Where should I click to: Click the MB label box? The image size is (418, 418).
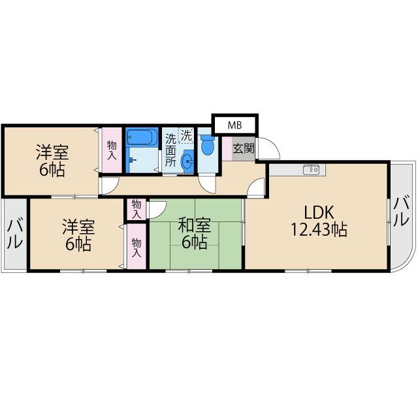point(234,124)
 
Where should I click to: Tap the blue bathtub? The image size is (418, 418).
point(142,138)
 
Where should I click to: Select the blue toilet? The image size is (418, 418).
point(208,146)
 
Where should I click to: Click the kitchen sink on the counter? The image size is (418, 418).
point(311,170)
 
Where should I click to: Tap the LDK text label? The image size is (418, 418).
point(319,212)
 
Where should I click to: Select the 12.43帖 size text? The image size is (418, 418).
point(319,230)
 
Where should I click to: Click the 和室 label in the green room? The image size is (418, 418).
point(194,227)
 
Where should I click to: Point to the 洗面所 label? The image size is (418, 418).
point(170,150)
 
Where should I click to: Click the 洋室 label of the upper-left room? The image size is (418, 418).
point(52,153)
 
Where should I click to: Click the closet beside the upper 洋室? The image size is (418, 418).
point(111,150)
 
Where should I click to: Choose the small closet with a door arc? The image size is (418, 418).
point(136,209)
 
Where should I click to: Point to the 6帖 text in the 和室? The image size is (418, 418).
point(194,243)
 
